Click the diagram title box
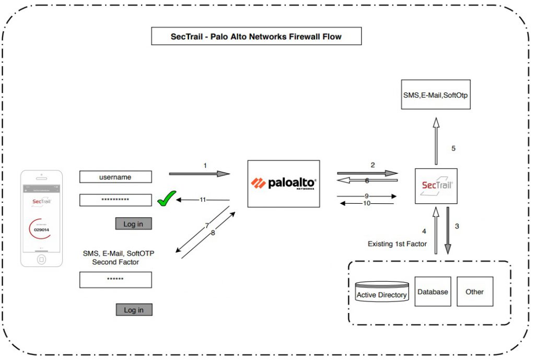tap(256, 37)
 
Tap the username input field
tap(115, 177)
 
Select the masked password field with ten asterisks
tap(115, 200)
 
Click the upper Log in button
tap(133, 224)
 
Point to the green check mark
tap(166, 199)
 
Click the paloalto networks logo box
tap(283, 183)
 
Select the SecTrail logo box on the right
tap(436, 186)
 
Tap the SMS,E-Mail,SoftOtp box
tap(436, 95)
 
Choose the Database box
tap(433, 292)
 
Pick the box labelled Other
tap(474, 292)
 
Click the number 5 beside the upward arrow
tap(453, 148)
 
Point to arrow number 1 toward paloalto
tap(199, 173)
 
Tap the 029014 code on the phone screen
tap(42, 229)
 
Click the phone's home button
tap(42, 259)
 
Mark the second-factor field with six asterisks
tap(115, 280)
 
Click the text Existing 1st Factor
tap(397, 244)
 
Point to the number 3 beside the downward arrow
tap(457, 226)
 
